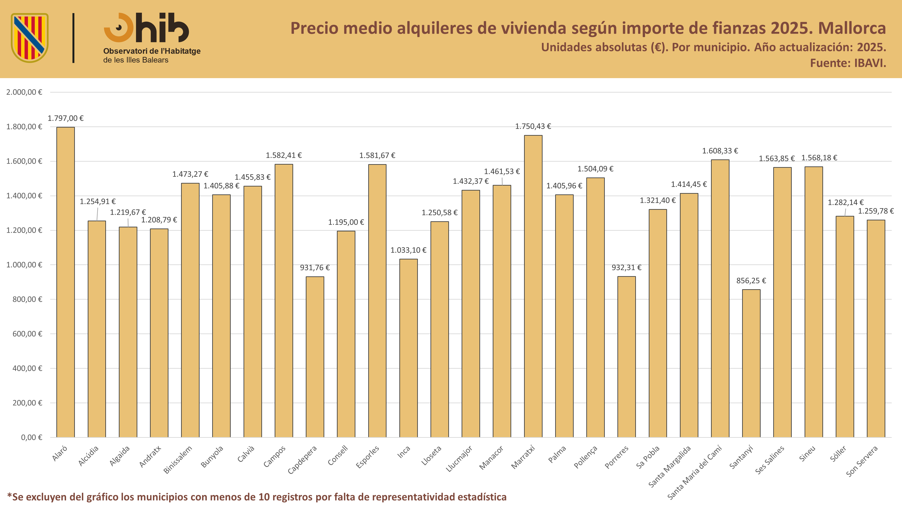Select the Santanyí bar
[x=751, y=364]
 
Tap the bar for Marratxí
[x=533, y=287]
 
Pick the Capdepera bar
[x=315, y=357]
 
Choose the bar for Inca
[x=408, y=348]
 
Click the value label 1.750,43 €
[x=533, y=126]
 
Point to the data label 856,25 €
[x=751, y=280]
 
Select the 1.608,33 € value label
[x=720, y=151]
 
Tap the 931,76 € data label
[x=315, y=268]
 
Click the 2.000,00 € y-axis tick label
[x=24, y=92]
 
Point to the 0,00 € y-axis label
[x=32, y=437]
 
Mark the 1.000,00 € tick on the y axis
[x=24, y=265]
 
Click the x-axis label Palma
[x=557, y=454]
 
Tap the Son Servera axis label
[x=862, y=461]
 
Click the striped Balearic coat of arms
[x=30, y=38]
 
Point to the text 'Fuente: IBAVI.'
[x=848, y=63]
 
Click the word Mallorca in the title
[x=852, y=28]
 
